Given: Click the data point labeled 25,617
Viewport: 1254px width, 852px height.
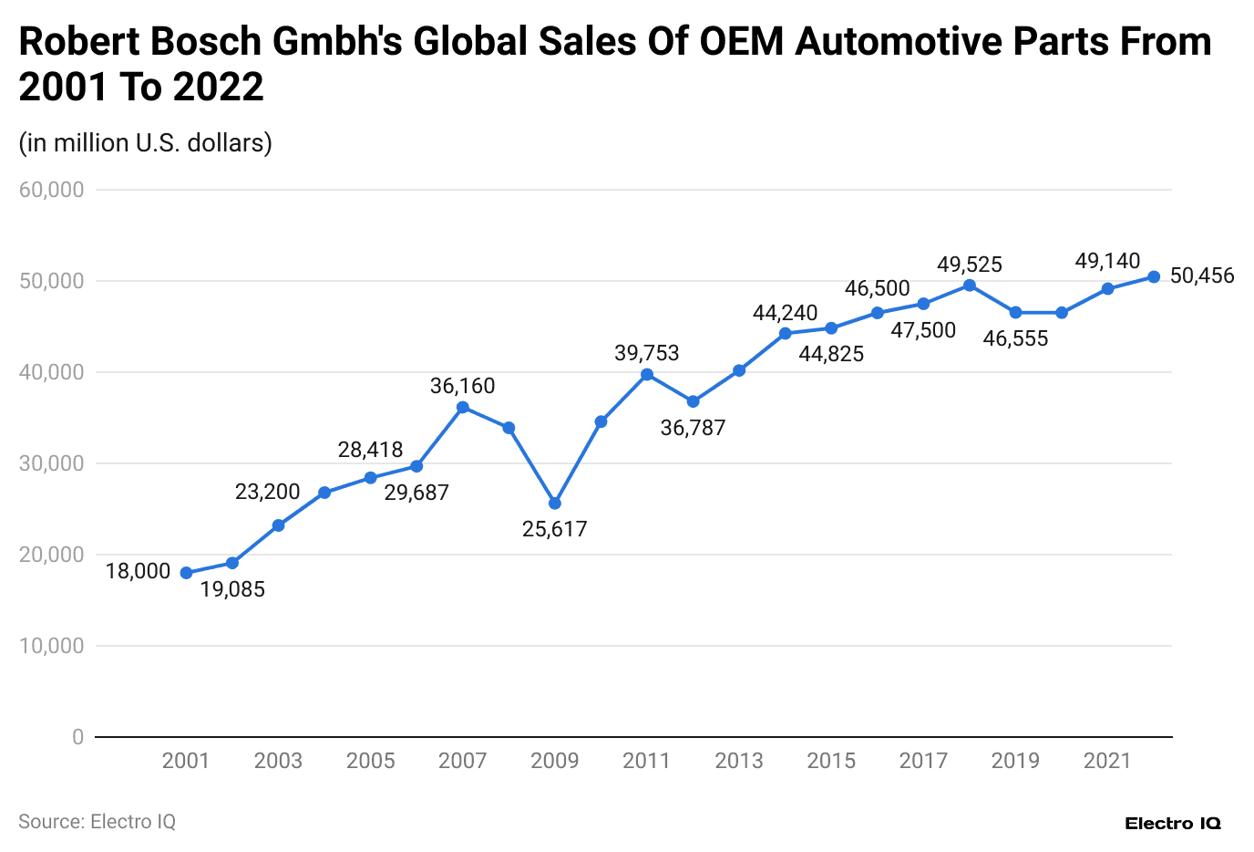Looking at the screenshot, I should pyautogui.click(x=555, y=504).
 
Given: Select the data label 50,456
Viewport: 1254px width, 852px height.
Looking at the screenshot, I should pyautogui.click(x=1202, y=275).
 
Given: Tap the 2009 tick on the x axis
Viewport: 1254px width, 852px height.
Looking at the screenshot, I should pyautogui.click(x=555, y=761).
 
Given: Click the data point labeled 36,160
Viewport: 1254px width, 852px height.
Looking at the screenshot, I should pyautogui.click(x=463, y=407).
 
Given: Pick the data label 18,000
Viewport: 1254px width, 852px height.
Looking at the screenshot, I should pyautogui.click(x=138, y=571).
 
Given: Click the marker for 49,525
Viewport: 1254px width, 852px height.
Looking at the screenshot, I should pyautogui.click(x=970, y=286).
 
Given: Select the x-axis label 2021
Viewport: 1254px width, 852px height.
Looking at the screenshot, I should pyautogui.click(x=1107, y=761).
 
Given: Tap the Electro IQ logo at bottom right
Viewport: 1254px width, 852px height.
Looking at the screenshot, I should pyautogui.click(x=1173, y=824).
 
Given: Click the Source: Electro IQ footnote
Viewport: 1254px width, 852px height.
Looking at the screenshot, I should pyautogui.click(x=97, y=822).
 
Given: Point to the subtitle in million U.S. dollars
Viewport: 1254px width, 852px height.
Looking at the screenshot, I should pyautogui.click(x=146, y=143).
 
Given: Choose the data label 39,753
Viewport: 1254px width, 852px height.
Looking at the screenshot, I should pyautogui.click(x=647, y=353).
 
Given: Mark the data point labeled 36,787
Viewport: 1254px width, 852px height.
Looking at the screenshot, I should pyautogui.click(x=694, y=401).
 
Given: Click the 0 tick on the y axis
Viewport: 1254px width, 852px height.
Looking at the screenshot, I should pyautogui.click(x=78, y=737).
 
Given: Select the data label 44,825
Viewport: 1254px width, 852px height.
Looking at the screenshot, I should pyautogui.click(x=831, y=354).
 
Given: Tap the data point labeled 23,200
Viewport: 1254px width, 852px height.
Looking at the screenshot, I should pyautogui.click(x=279, y=525).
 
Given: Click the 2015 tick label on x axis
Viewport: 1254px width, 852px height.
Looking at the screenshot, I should pyautogui.click(x=831, y=761).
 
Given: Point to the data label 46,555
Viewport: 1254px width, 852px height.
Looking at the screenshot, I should pyautogui.click(x=1016, y=338).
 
